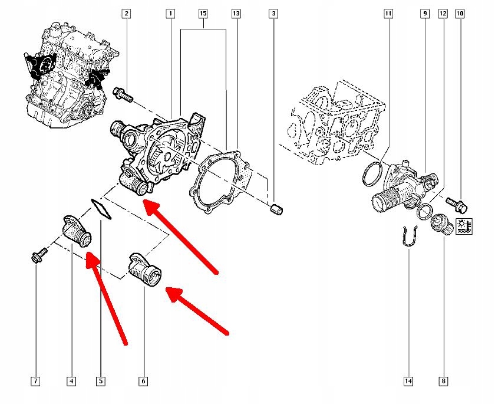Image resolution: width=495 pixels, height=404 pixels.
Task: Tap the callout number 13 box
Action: [236, 12]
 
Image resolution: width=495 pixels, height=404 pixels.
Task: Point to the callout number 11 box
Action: [387, 12]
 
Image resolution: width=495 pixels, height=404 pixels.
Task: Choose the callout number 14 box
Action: [408, 382]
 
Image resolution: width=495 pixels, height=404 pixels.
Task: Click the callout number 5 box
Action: [101, 382]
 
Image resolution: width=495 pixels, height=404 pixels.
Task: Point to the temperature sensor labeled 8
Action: [439, 224]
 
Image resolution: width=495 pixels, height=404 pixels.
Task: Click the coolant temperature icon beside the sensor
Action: [463, 226]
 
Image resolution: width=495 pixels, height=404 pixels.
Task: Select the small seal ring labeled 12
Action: [423, 211]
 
